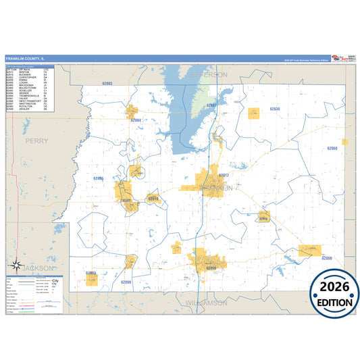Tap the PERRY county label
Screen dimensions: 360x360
(36, 141)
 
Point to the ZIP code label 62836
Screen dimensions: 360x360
(274, 109)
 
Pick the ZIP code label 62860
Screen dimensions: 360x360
(332, 148)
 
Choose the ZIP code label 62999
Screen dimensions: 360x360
(126, 282)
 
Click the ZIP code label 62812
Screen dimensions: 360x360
(223, 176)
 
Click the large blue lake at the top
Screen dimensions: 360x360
(190, 108)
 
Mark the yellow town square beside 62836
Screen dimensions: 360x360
(253, 113)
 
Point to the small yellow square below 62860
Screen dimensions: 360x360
(344, 142)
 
